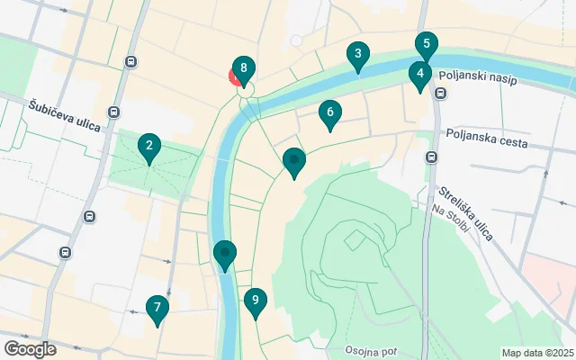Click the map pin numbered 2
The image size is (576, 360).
[149, 146]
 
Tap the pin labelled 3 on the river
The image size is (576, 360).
[358, 55]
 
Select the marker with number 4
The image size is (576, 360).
[419, 74]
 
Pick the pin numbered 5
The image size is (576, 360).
[427, 44]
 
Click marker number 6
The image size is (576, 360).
[330, 113]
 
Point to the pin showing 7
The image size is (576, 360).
[157, 309]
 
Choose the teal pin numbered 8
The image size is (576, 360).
[243, 69]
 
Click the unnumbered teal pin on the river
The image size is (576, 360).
[225, 254]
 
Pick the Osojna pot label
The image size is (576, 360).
[370, 350]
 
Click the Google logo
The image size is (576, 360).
[30, 349]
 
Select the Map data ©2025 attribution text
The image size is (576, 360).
[536, 353]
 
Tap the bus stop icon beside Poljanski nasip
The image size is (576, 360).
[441, 93]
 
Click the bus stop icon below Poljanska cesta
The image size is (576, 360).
[431, 157]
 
